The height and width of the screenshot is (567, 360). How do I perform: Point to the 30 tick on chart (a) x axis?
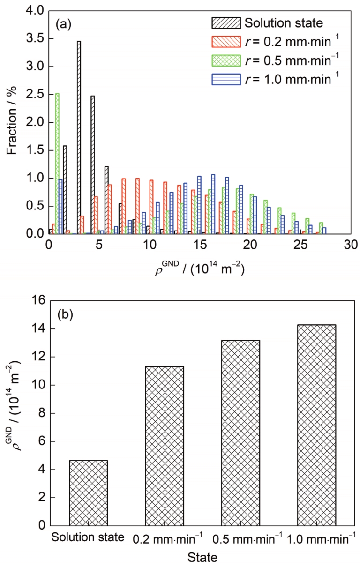(350, 245)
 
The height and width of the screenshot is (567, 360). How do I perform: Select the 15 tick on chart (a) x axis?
(199, 245)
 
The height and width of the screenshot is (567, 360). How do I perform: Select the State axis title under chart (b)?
(203, 558)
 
